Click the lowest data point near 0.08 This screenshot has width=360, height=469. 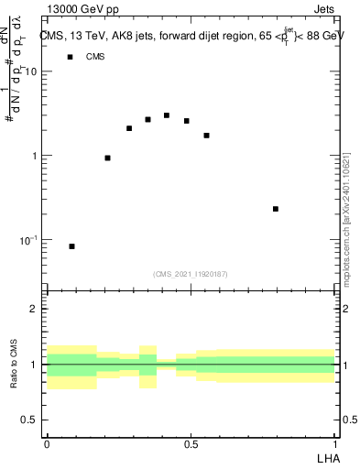[72, 246]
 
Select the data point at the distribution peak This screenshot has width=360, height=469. [167, 115]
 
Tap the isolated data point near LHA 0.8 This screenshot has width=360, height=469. [276, 209]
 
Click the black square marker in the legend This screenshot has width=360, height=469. [69, 57]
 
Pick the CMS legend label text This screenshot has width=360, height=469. [95, 57]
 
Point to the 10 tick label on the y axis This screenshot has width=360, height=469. [31, 71]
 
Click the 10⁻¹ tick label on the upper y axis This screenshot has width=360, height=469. [28, 240]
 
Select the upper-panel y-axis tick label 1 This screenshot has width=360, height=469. [35, 156]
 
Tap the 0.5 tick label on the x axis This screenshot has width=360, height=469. [191, 444]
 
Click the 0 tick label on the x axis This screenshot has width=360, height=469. [47, 444]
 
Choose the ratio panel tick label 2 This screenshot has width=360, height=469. [35, 310]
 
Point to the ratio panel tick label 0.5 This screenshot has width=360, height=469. [30, 420]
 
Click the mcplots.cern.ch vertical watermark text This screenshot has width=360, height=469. [345, 215]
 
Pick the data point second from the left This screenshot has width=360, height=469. [108, 158]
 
